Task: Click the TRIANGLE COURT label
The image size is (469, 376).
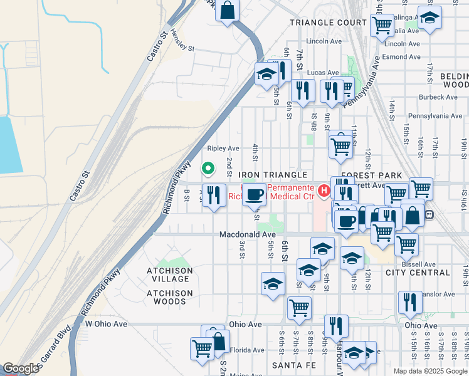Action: click(x=327, y=23)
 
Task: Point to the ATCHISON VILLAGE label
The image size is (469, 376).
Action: click(x=170, y=271)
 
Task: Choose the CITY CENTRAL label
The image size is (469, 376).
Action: click(x=418, y=273)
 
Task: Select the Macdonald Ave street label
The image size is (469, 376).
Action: click(x=248, y=234)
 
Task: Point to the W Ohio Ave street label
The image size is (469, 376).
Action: click(x=106, y=324)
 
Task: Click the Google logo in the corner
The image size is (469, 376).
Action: click(x=21, y=368)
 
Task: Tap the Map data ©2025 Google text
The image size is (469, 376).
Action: click(x=430, y=371)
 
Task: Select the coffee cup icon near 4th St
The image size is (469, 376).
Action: click(x=254, y=195)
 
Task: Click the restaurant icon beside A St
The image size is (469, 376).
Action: click(x=214, y=196)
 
